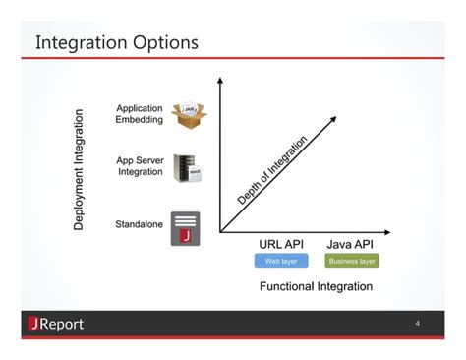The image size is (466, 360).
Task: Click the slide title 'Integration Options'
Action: [117, 43]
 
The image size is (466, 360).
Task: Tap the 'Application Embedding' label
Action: [140, 113]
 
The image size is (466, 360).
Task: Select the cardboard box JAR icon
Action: [188, 114]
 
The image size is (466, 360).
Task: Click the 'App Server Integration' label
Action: [140, 166]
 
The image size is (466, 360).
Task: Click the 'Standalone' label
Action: [139, 224]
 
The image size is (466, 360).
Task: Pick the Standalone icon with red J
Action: [185, 227]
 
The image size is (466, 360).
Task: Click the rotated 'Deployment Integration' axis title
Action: [80, 169]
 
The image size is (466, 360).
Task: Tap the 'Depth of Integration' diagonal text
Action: [272, 170]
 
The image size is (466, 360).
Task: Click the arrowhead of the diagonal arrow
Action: [334, 119]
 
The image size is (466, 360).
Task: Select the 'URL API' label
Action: [280, 244]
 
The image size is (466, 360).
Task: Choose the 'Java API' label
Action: [351, 244]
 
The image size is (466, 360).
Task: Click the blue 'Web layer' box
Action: [280, 261]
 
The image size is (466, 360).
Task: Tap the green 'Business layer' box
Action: [352, 261]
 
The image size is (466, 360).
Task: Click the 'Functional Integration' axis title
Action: [316, 286]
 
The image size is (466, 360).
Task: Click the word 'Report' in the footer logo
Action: [62, 325]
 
